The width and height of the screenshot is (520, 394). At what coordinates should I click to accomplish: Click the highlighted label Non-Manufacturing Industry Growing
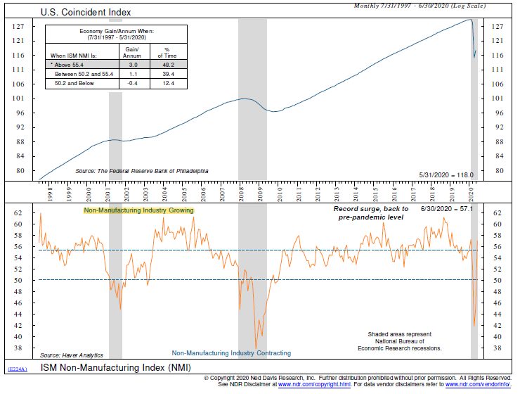138,210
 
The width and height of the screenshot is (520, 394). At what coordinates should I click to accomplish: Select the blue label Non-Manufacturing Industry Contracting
230,353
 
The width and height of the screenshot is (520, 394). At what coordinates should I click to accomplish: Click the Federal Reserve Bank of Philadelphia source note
142,171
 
